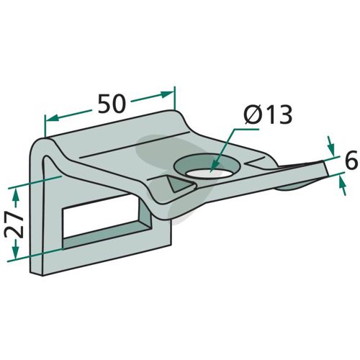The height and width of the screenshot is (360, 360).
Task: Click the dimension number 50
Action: pos(112,104)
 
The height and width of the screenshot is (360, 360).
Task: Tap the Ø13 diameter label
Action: pos(268,114)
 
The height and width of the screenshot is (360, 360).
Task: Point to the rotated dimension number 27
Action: pos(14,225)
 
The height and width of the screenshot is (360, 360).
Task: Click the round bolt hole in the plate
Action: pos(207,166)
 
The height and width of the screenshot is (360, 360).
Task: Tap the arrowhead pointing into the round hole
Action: pos(215,166)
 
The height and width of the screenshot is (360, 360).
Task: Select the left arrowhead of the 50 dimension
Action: pos(52,118)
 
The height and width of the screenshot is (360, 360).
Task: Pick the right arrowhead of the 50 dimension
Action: pos(167,94)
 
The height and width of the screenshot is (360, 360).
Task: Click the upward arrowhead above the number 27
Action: pos(16,194)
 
